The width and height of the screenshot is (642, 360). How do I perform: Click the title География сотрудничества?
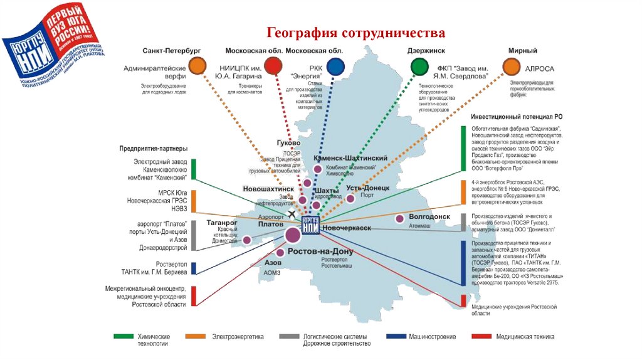pos(356,33)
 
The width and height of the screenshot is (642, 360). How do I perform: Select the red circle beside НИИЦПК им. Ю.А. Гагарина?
pos(273,65)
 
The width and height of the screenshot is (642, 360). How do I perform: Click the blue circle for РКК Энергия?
pos(335,66)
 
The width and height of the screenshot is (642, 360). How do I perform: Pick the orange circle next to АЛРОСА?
pos(512,66)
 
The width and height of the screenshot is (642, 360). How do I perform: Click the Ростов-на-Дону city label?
pos(320,251)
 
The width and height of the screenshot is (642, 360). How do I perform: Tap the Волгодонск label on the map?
pos(429,216)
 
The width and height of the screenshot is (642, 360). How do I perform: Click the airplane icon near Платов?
pos(292,214)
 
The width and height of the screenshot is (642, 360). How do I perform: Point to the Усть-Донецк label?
pos(368,188)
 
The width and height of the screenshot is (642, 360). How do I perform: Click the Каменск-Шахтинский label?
pos(350,159)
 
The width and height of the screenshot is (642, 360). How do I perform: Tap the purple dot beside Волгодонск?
pos(399,219)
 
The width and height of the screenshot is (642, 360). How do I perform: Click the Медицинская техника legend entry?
pos(525,337)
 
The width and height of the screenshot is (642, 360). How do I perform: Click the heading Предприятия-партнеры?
pos(153,149)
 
